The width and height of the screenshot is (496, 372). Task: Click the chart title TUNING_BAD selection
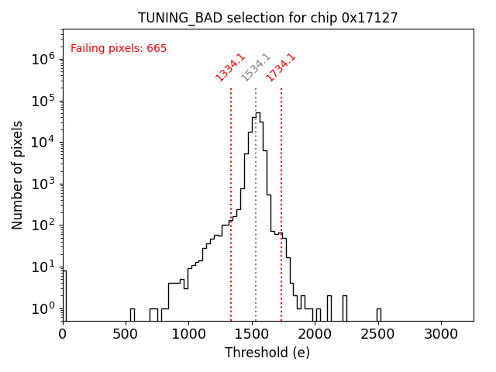[x=267, y=18]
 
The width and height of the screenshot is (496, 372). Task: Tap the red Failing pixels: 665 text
[x=119, y=49]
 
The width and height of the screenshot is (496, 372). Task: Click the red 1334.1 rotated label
[x=230, y=67]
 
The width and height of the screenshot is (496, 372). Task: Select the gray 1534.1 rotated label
[x=256, y=67]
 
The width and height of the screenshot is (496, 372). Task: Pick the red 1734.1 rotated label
[x=281, y=67]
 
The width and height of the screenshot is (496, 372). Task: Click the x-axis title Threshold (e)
[x=267, y=353]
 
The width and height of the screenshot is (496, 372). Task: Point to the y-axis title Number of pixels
[x=18, y=174]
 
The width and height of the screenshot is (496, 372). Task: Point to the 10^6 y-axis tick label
[x=43, y=58]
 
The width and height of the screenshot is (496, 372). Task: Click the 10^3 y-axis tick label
[x=43, y=184]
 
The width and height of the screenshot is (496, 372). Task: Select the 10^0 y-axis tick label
[x=43, y=308]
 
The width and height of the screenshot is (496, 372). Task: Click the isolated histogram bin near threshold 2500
[x=378, y=314]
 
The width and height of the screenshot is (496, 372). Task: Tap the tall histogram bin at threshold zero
[x=64, y=294]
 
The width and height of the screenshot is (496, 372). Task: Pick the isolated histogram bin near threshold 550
[x=132, y=314]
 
